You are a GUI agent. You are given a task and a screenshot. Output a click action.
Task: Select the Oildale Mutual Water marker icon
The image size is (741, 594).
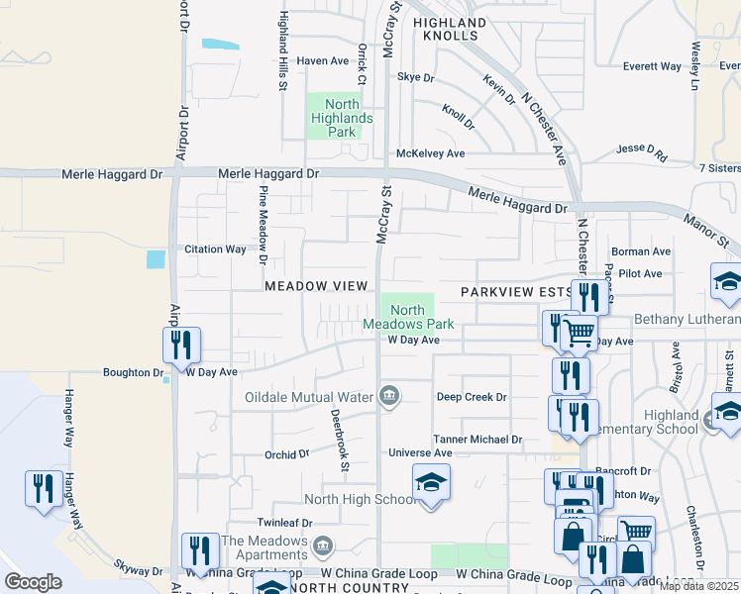point(389,397)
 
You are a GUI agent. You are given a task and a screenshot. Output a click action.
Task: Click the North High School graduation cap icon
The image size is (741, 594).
point(431,482)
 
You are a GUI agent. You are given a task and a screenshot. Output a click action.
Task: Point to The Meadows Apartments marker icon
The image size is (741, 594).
point(324,546)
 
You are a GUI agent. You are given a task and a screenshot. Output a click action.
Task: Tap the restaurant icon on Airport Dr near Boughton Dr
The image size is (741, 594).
point(181,345)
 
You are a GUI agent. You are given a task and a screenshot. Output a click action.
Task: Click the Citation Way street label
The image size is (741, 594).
point(215,249)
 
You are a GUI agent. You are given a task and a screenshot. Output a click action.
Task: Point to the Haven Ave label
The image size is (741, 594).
point(324,61)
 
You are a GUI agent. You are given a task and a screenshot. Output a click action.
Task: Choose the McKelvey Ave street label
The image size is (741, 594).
point(430,153)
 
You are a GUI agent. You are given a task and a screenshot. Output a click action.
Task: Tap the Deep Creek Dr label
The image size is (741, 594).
point(472,397)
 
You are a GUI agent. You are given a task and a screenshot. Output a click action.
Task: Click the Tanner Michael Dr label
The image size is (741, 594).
point(477,439)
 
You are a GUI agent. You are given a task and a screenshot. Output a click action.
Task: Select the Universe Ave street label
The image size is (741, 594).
point(419,453)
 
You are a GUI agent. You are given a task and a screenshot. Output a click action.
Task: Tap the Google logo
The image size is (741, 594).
point(33,582)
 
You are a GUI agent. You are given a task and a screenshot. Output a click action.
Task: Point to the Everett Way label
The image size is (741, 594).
point(652,67)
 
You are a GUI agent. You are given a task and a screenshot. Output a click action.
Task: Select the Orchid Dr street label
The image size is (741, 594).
point(287,454)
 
